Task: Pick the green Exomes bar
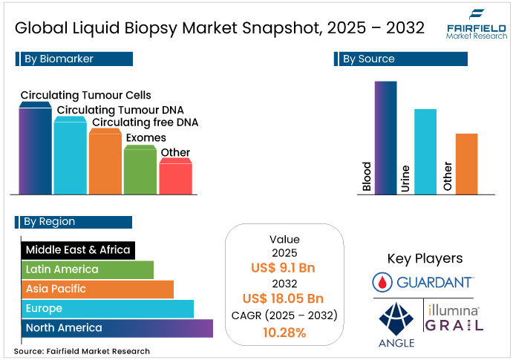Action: point(140,171)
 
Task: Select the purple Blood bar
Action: point(385,137)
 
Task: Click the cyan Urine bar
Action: point(425,151)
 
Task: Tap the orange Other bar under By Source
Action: point(466,163)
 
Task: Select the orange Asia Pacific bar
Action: point(97,289)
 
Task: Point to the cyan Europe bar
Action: point(107,308)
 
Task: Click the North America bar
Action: point(117,327)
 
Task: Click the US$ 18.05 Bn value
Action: point(284,299)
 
